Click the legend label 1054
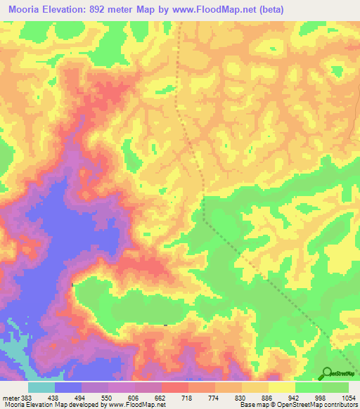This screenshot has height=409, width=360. coord(348,397)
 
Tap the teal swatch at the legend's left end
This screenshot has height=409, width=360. coord(41,387)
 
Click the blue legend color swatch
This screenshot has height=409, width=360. coord(68,387)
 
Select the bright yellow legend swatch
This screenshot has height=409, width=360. coord(282,387)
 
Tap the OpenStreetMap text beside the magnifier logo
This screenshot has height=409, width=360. coord(344,374)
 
